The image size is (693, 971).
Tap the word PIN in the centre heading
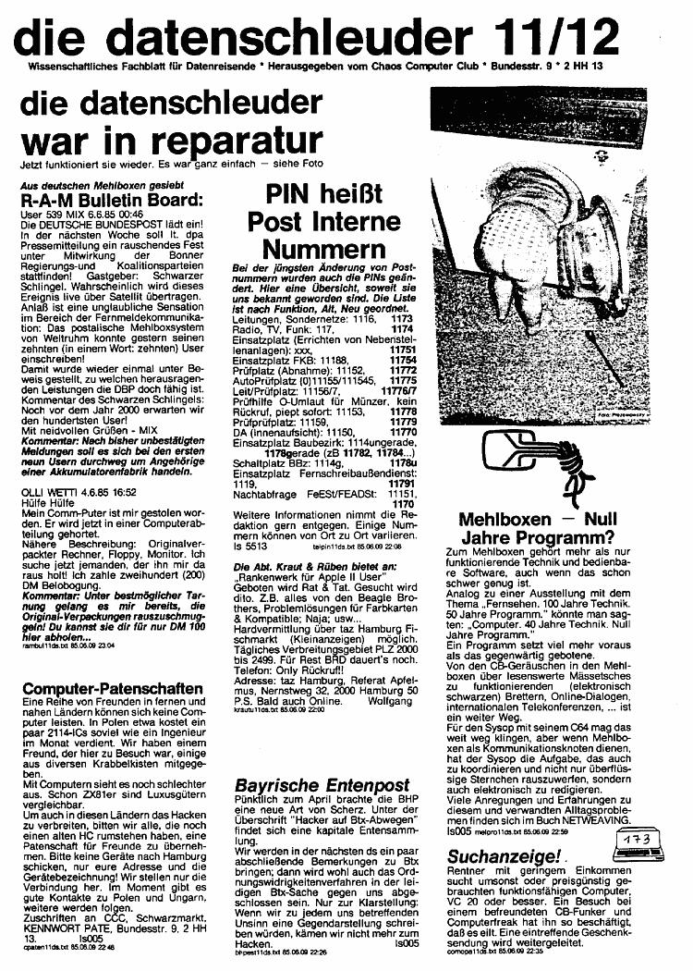[x=285, y=194]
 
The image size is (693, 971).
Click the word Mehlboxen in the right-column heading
[x=503, y=520]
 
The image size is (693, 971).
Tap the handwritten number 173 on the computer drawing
[x=638, y=839]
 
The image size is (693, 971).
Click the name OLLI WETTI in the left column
[x=48, y=467]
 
